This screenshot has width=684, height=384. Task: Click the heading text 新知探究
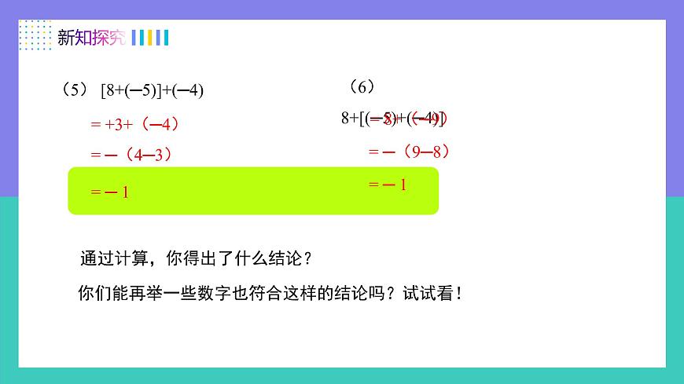(x=91, y=38)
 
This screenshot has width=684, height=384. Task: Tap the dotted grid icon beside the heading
(x=34, y=36)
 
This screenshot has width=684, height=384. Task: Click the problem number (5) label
(x=75, y=90)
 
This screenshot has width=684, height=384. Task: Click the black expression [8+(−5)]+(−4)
(x=152, y=90)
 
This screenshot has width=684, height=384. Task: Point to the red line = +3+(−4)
(x=129, y=124)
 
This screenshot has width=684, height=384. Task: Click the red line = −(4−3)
(x=130, y=155)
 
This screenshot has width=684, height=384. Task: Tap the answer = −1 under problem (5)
(x=109, y=192)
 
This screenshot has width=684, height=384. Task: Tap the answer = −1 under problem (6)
(x=388, y=186)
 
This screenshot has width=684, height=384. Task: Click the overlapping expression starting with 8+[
(x=393, y=119)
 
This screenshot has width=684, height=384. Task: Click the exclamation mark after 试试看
(x=458, y=294)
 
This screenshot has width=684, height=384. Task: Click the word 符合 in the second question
(x=269, y=294)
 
